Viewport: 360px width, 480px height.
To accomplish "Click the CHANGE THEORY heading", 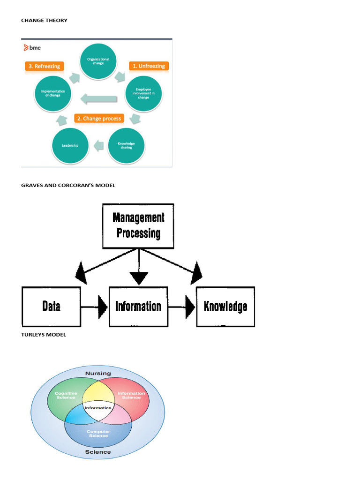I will pyautogui.click(x=44, y=21).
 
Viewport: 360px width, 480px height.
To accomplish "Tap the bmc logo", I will pyautogui.click(x=32, y=47).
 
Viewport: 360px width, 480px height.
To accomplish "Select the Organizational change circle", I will pyautogui.click(x=98, y=61).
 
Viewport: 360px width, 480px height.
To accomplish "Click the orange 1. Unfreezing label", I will pyautogui.click(x=149, y=66).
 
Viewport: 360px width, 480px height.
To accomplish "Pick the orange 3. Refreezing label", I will pyautogui.click(x=44, y=66).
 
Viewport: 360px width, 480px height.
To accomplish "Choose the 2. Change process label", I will pyautogui.click(x=99, y=119).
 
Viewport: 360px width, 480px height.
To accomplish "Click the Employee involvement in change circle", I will pyautogui.click(x=143, y=93).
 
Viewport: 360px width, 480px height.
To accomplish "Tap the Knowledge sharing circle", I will pyautogui.click(x=126, y=145).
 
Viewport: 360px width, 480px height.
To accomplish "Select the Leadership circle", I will pyautogui.click(x=70, y=145).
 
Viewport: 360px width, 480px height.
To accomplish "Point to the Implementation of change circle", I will pyautogui.click(x=53, y=93).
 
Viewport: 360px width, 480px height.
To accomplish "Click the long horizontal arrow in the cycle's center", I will pyautogui.click(x=98, y=98).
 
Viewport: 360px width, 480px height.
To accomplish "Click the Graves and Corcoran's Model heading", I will pyautogui.click(x=68, y=185).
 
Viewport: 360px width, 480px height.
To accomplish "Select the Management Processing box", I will pyautogui.click(x=138, y=225).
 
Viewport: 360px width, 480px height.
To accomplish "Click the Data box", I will pyautogui.click(x=51, y=307).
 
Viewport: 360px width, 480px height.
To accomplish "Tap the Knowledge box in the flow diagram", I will pyautogui.click(x=225, y=307).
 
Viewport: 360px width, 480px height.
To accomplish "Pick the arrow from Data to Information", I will pyautogui.click(x=95, y=307).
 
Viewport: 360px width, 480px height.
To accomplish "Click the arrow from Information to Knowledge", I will pyautogui.click(x=182, y=307).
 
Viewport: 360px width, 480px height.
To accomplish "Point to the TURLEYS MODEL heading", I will pyautogui.click(x=44, y=335).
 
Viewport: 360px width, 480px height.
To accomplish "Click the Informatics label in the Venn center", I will pyautogui.click(x=98, y=408).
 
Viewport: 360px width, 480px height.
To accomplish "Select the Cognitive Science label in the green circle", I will pyautogui.click(x=66, y=395).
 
